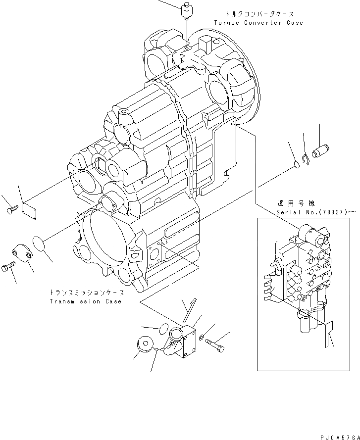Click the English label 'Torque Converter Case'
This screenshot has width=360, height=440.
(258, 23)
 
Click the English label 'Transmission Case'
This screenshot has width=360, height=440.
(85, 301)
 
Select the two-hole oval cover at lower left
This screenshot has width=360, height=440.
(22, 252)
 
